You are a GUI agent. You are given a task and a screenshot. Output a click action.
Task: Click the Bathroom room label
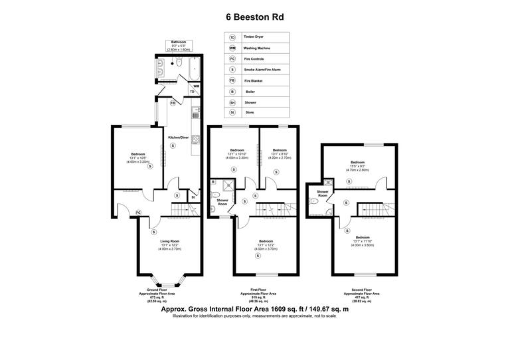179,42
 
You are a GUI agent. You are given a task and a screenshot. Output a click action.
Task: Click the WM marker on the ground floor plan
197,86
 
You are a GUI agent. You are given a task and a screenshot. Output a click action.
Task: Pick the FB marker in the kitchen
173,103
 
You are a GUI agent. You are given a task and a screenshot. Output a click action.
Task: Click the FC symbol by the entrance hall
138,212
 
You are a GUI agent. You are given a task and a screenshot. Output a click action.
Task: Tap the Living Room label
170,241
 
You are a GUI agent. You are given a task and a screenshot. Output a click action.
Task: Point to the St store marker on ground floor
193,197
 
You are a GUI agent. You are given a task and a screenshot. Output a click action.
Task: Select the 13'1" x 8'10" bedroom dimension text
278,155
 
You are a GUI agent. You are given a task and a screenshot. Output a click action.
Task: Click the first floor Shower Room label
222,202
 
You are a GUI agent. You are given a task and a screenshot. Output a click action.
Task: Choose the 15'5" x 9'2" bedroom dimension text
358,167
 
